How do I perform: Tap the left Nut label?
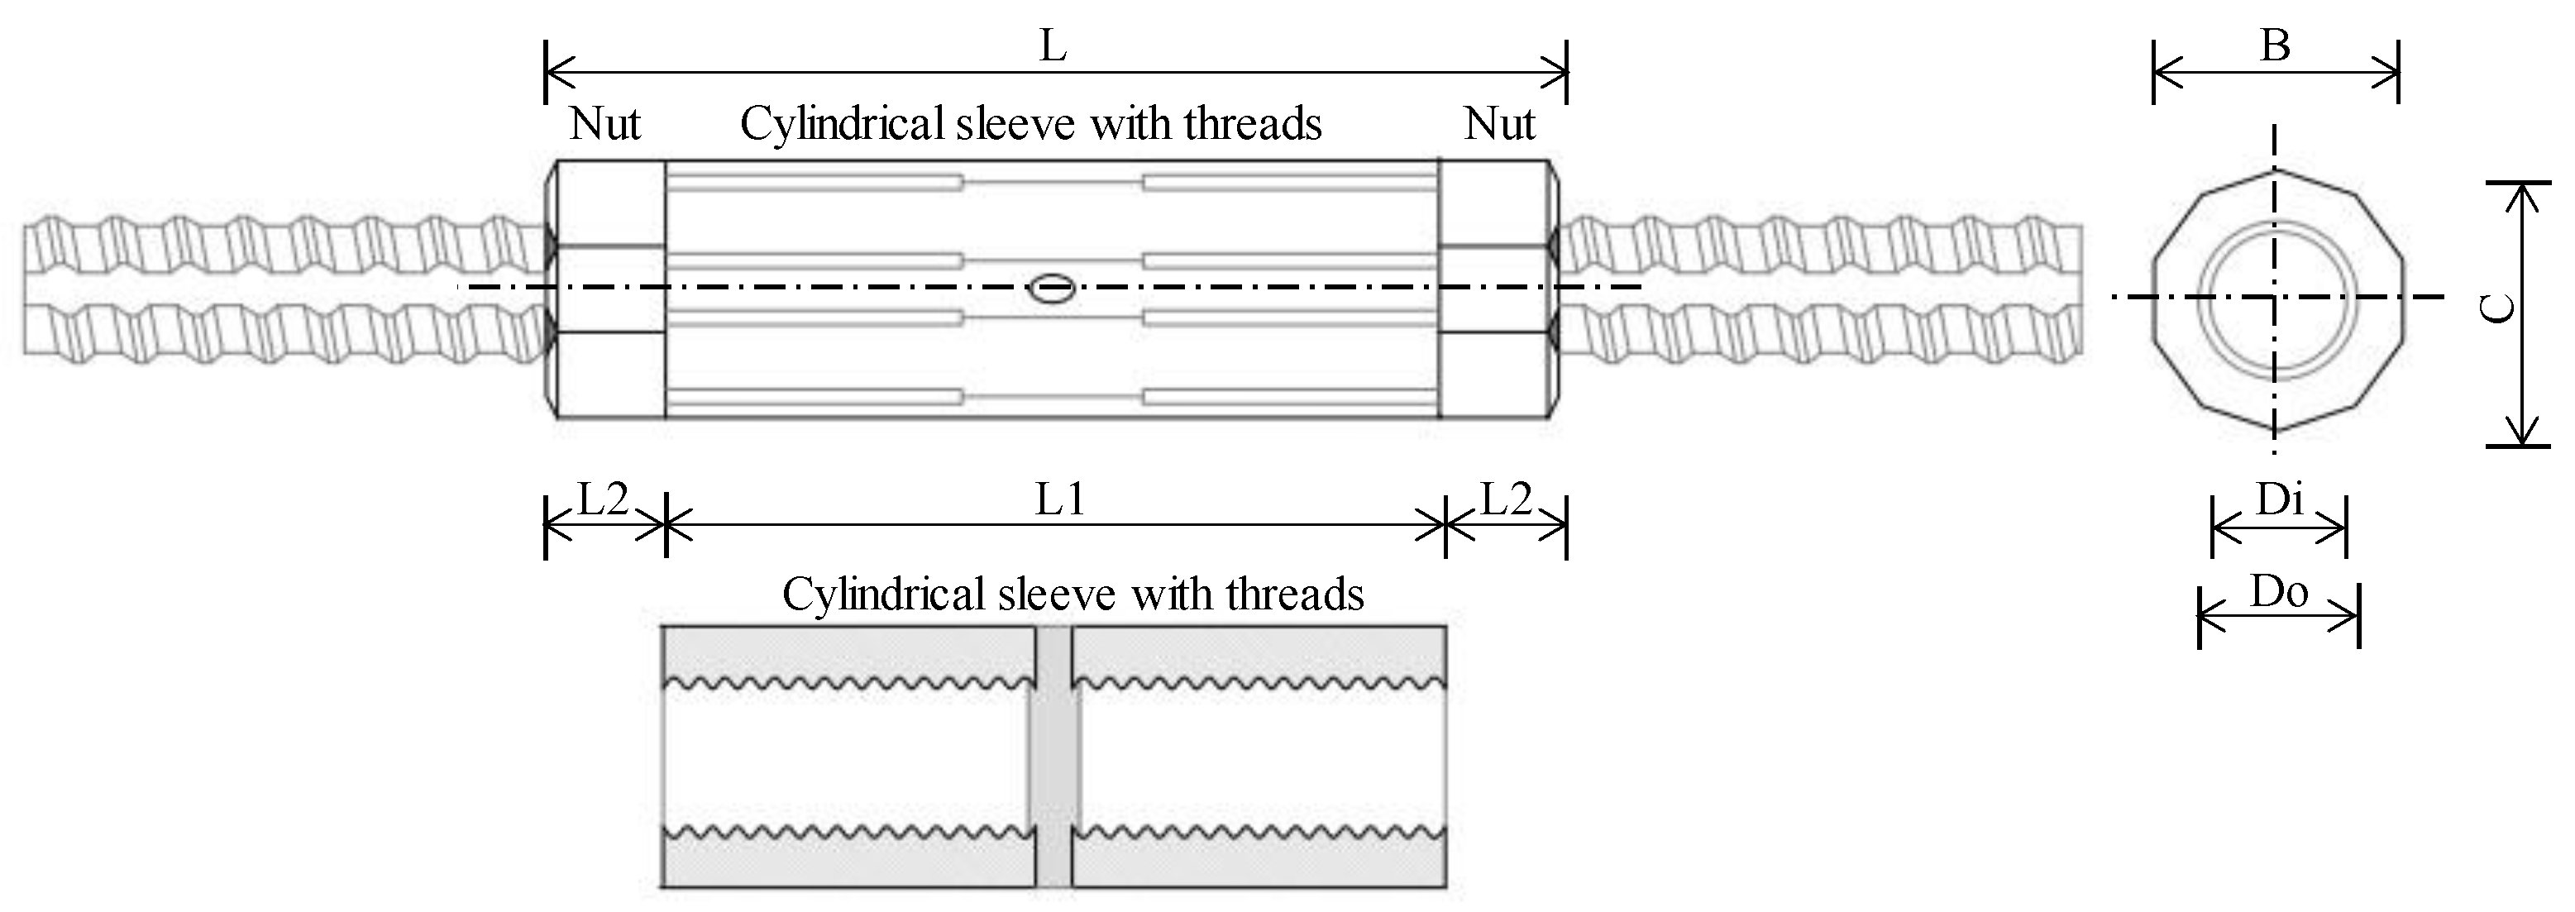(604, 124)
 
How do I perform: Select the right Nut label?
(1499, 124)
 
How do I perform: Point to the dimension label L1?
(1059, 499)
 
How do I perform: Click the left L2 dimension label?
(604, 499)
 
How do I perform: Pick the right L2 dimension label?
(1506, 499)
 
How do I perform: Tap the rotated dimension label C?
(2499, 308)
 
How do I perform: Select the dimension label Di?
(2279, 499)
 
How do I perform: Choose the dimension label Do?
(2279, 593)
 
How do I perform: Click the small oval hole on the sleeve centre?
(1053, 288)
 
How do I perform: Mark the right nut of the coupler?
(1497, 289)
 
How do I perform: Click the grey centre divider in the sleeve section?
(1053, 757)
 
